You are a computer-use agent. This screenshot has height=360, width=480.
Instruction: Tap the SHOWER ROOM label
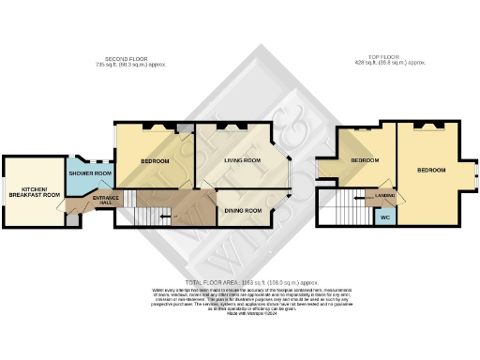coord(90,173)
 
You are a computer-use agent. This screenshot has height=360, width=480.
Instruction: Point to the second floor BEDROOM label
coord(155,160)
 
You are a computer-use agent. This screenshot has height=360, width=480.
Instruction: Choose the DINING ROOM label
coord(243,210)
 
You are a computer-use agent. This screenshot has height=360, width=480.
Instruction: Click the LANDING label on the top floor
coord(384,195)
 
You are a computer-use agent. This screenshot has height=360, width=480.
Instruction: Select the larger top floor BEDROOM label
coord(431,171)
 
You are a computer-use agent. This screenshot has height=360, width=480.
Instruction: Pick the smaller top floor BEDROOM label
coord(365,161)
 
